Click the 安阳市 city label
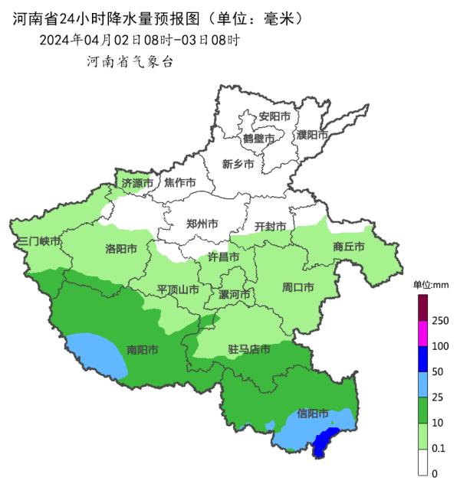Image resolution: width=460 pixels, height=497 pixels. click(274, 116)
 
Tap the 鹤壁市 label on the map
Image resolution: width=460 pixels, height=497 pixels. click(258, 139)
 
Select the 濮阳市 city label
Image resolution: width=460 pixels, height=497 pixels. click(312, 135)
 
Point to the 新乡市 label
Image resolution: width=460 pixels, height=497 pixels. click(238, 163)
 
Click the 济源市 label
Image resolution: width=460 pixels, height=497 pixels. click(138, 183)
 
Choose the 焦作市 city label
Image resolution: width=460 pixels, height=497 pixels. click(180, 183)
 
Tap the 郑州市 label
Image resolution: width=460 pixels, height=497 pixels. click(202, 224)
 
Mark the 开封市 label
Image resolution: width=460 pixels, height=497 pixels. click(270, 227)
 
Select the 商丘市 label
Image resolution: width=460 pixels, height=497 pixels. click(349, 247)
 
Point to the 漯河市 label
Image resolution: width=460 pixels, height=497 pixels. click(234, 295)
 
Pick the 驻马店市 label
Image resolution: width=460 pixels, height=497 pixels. click(249, 349)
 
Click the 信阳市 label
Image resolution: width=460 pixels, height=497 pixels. click(313, 414)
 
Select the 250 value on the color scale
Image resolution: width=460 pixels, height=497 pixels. click(440, 321)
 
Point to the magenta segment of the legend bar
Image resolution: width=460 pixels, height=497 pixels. click(422, 333)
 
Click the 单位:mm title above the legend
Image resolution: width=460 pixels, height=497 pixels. click(430, 285)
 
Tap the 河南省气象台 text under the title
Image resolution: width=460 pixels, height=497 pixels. click(130, 61)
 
